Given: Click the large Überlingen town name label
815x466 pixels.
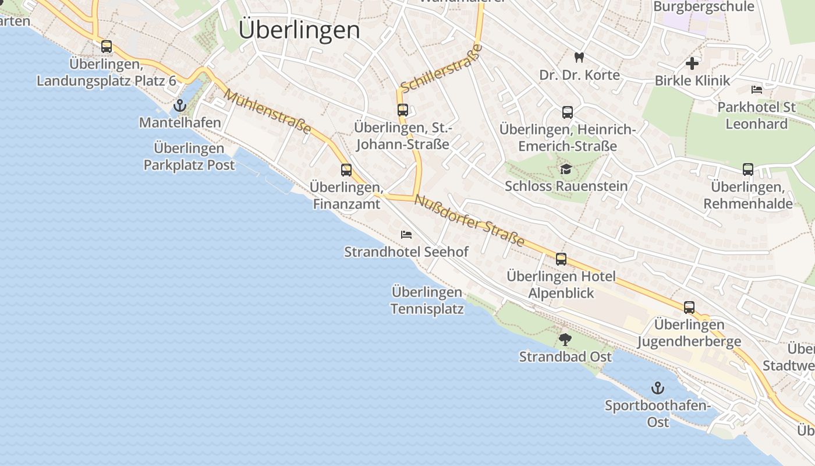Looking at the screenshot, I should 299,29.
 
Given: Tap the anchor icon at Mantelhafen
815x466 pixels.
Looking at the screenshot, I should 180,105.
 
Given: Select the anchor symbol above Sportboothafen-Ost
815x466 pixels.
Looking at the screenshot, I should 657,388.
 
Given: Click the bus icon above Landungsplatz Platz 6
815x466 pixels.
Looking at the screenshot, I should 106,46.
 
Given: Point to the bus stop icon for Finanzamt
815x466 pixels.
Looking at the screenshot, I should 346,170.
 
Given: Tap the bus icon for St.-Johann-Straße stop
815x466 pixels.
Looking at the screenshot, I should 402,110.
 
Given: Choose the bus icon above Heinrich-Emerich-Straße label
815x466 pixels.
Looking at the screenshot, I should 567,112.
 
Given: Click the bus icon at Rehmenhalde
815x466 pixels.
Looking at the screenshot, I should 748,170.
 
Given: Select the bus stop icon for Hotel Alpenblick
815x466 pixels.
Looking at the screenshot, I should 561,259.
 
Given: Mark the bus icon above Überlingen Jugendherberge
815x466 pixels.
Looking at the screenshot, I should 689,307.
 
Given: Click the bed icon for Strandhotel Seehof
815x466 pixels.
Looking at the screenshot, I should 406,235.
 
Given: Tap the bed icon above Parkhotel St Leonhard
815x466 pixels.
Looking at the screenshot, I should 757,90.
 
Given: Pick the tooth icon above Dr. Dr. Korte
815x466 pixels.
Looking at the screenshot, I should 579,57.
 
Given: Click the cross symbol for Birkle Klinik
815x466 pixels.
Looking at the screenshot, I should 692,63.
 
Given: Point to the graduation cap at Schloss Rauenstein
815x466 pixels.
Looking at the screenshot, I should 566,170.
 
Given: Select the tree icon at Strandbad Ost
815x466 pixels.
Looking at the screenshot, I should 565,339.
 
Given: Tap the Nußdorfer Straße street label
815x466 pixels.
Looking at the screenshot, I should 469,220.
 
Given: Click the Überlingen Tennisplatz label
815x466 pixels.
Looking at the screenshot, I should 427,300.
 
